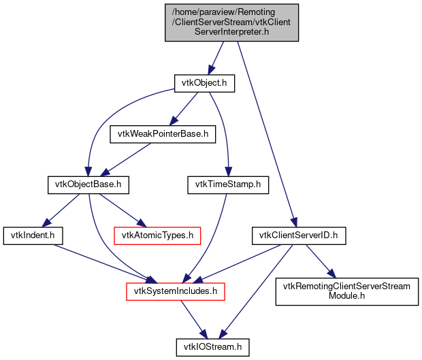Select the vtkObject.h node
tap(204, 83)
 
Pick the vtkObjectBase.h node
tap(88, 184)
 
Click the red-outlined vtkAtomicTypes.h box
tap(157, 235)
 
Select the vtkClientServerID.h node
tap(299, 235)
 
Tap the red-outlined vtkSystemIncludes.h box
tap(176, 291)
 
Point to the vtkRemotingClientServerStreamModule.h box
tap(346, 291)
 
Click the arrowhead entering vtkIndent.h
tap(45, 224)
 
